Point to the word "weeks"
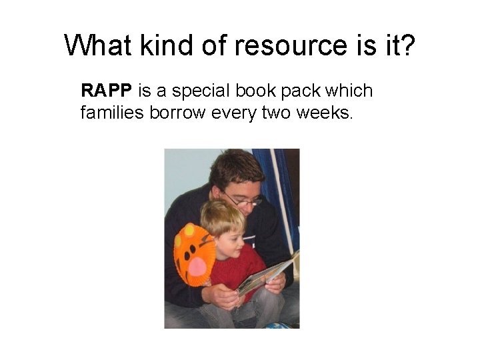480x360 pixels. [x=326, y=113]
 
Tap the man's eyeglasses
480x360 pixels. [x=243, y=199]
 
